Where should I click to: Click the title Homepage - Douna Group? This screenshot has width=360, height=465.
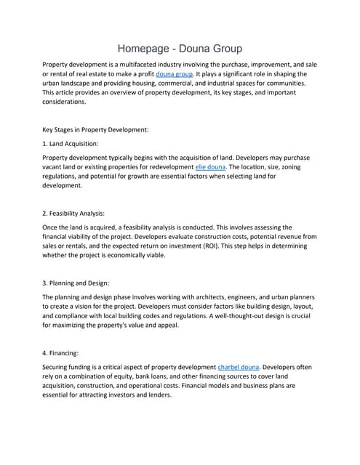point(180,49)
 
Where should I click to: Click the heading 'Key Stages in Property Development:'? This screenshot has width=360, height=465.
point(96,129)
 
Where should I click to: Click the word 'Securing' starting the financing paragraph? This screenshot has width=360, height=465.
point(59,367)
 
